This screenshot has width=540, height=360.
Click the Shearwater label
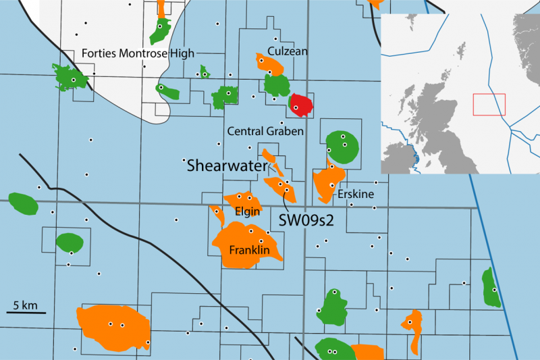(227, 165)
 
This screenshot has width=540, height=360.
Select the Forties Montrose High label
(138, 53)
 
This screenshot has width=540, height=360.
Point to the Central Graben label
(266, 131)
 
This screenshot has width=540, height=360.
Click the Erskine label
(352, 193)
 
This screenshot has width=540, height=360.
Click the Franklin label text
(250, 251)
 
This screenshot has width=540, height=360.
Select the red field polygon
(300, 104)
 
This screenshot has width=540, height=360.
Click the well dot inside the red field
(296, 107)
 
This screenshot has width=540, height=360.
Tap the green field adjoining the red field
(276, 84)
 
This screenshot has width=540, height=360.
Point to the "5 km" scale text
(25, 305)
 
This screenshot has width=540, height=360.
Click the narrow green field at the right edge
(491, 287)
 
